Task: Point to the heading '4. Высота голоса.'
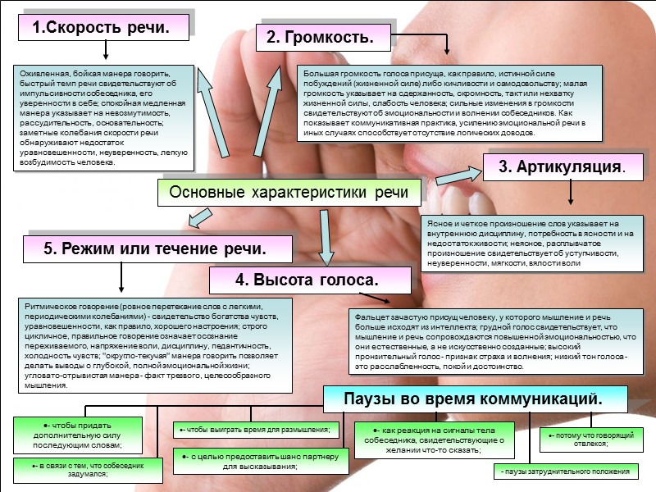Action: pyautogui.click(x=307, y=280)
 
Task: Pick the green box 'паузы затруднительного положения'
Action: pyautogui.click(x=566, y=471)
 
